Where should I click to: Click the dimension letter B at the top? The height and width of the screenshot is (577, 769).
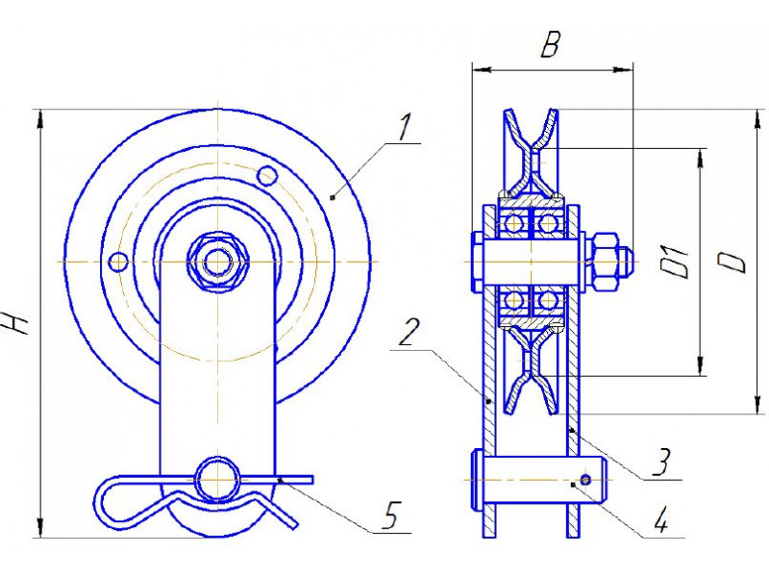point(550,45)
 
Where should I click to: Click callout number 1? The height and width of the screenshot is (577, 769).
point(405,128)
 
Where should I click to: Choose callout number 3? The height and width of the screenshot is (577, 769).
point(662,462)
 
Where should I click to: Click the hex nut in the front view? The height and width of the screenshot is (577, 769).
point(218,263)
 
